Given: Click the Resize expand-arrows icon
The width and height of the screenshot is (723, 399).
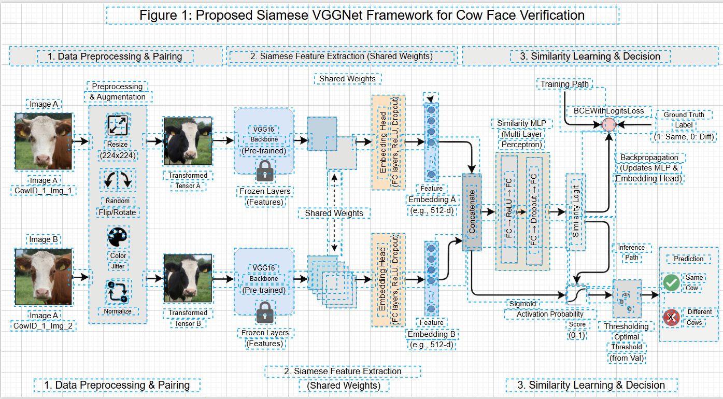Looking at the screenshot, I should tap(118, 125).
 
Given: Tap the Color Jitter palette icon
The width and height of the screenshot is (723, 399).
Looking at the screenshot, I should tap(118, 237).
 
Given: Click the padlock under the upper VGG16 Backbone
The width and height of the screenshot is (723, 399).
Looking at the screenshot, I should tap(265, 170).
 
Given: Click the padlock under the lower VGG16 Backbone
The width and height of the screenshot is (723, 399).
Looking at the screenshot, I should tap(265, 312).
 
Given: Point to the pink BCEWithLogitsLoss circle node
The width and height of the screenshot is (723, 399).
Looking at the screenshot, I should tap(609, 124).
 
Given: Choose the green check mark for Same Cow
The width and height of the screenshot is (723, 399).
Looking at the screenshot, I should tap(671, 282).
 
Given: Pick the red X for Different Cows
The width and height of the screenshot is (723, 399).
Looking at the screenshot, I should tap(671, 317).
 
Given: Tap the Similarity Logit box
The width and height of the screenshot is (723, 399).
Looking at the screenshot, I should tap(575, 212).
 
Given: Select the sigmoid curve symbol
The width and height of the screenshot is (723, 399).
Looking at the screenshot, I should tap(576, 295).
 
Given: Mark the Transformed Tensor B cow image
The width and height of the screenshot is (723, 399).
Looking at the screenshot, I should tap(188, 278).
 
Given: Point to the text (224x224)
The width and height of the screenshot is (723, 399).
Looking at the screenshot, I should tap(118, 154).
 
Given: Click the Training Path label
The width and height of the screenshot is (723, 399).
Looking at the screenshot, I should tap(564, 84).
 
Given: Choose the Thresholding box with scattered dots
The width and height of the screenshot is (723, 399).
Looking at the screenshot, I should tap(627, 299).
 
